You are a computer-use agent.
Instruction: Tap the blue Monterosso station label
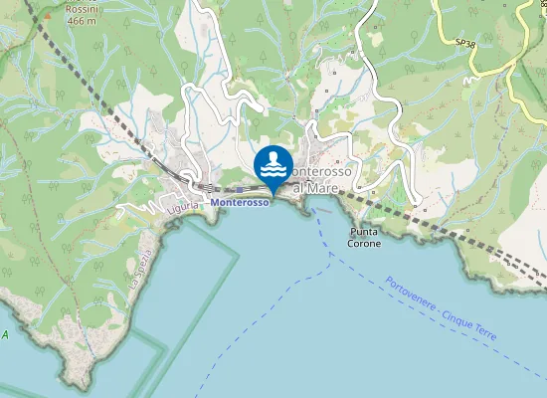click(240, 202)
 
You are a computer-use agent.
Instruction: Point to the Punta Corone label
click(364, 237)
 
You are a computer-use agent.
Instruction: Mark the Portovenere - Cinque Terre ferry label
click(440, 309)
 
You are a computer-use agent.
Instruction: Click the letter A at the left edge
click(4, 334)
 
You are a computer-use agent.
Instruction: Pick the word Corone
click(364, 244)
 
